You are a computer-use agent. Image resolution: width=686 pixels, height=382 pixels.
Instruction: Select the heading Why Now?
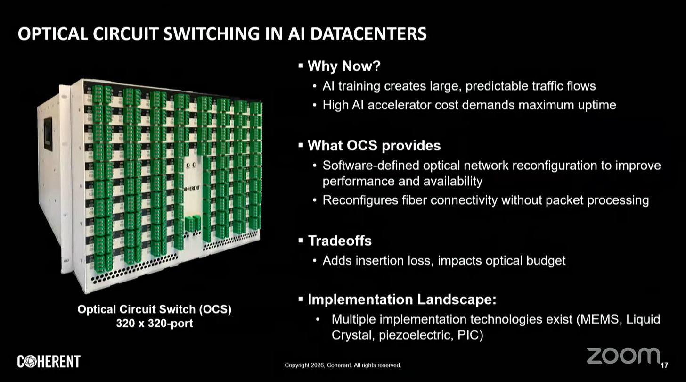click(x=343, y=66)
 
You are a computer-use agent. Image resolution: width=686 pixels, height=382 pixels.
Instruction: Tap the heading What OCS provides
click(x=374, y=146)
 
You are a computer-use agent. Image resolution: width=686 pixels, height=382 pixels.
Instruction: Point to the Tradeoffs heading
click(x=339, y=241)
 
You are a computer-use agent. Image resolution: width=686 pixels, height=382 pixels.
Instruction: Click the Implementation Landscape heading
click(x=401, y=299)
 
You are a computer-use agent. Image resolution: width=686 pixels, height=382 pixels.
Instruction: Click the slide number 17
click(x=665, y=365)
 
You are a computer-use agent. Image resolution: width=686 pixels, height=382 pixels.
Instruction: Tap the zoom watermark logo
click(x=623, y=356)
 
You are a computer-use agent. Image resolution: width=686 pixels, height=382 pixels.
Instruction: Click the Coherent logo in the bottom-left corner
click(x=49, y=362)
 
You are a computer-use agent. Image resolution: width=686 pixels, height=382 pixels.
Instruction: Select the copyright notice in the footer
click(x=343, y=365)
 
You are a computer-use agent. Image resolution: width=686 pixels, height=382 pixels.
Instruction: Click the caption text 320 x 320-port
click(x=154, y=324)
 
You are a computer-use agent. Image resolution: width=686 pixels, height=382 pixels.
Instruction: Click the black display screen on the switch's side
click(x=48, y=134)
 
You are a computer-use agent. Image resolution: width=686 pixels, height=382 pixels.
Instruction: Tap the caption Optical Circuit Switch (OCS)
click(x=154, y=310)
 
